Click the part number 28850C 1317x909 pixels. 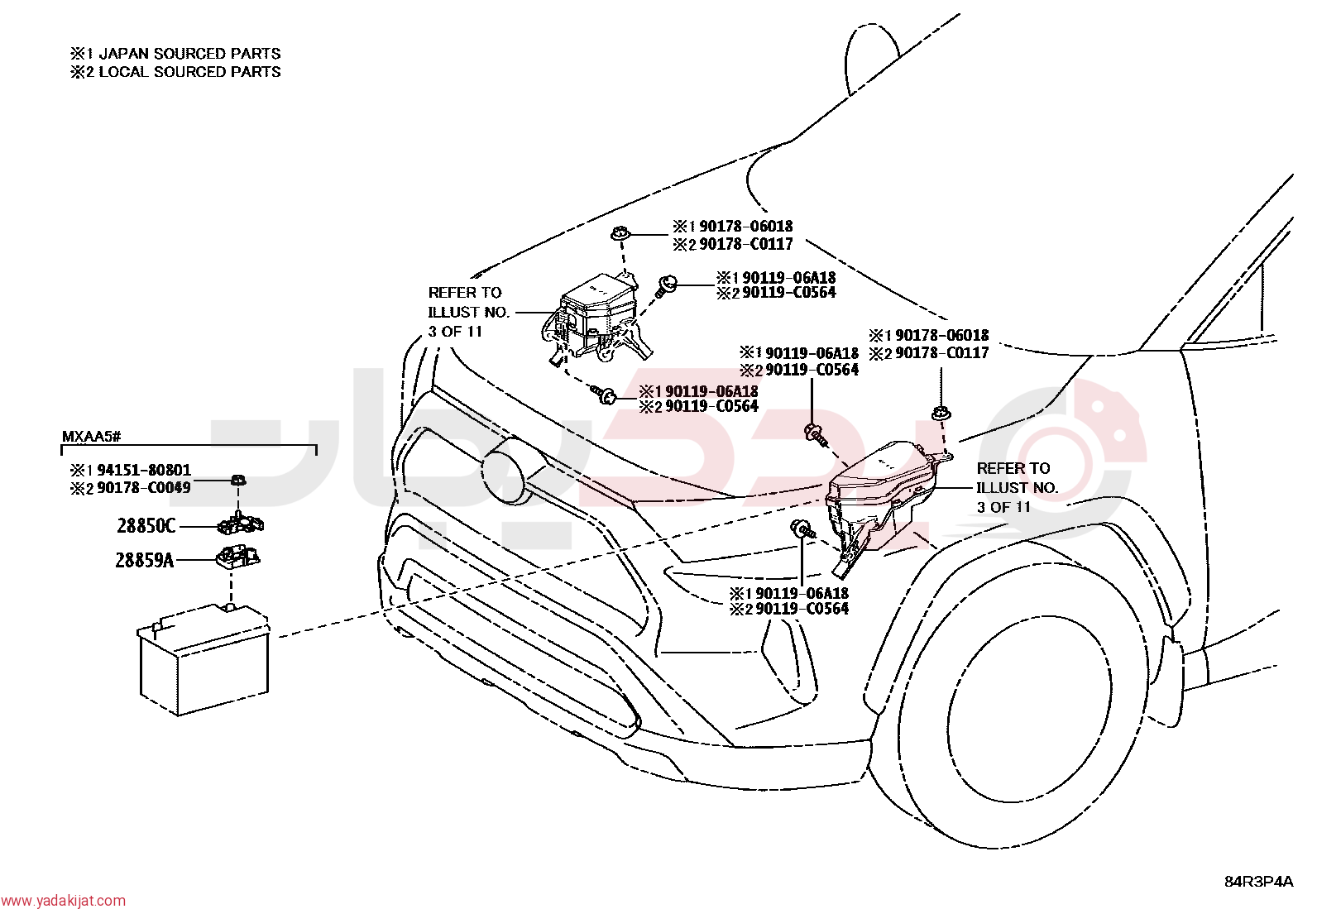tap(146, 525)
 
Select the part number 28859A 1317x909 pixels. tap(145, 560)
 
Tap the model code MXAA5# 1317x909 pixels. tap(92, 436)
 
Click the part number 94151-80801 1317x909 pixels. tap(144, 470)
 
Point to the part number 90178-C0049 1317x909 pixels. tap(144, 487)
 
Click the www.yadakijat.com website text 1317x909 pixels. tap(63, 901)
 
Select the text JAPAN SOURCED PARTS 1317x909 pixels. tap(190, 54)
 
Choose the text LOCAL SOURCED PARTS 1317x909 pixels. tap(190, 72)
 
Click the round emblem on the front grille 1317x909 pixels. tap(505, 471)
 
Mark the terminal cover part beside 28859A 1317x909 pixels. tap(239, 557)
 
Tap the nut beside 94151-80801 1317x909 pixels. tap(237, 480)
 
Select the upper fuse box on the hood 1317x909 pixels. tap(596, 318)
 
